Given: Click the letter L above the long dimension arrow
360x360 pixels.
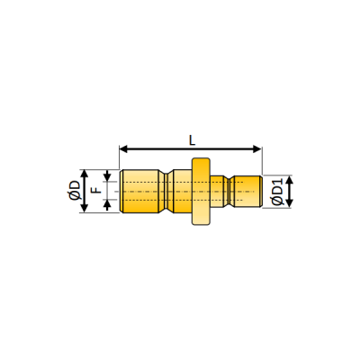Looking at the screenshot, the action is [x=192, y=140].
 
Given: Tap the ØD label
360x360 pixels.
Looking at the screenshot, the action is [x=75, y=191].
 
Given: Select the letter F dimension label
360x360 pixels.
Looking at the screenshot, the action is [x=95, y=190].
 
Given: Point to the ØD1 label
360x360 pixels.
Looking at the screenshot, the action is [x=277, y=191].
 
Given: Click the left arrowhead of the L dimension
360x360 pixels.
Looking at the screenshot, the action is [x=123, y=148].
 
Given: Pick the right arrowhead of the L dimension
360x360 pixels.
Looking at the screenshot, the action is [x=258, y=148].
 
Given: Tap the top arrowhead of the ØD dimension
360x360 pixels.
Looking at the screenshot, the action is [x=85, y=174].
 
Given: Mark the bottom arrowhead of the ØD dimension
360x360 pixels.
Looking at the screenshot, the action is [x=85, y=209].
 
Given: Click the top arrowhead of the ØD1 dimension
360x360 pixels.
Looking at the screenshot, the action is [x=289, y=180].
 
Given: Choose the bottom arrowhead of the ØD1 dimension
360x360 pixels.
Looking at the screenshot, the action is [x=289, y=202].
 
